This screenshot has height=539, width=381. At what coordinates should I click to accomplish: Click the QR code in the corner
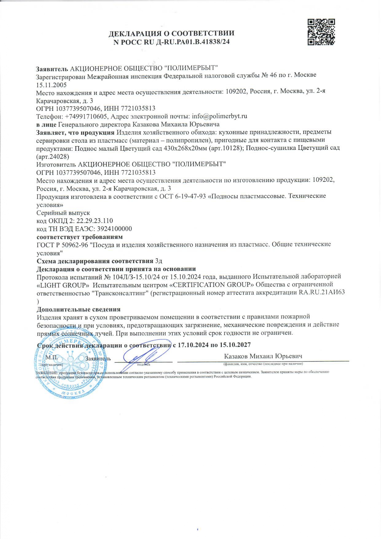[321, 32]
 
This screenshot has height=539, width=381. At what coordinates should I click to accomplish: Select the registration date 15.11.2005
[51, 85]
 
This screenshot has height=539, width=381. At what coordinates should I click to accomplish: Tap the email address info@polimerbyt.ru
[219, 116]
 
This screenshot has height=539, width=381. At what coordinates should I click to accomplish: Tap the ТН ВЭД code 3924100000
[114, 229]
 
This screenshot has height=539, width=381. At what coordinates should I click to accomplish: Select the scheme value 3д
[159, 261]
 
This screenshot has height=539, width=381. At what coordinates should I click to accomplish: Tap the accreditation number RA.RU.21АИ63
[322, 292]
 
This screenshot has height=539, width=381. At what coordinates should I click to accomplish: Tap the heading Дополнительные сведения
[78, 309]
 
